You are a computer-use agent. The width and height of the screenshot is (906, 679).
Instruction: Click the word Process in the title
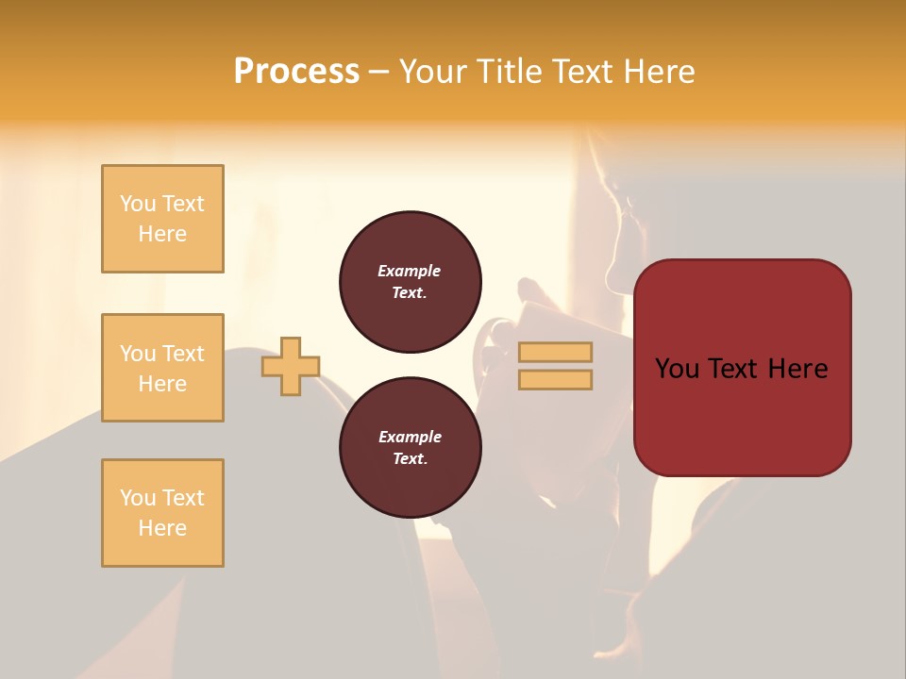(296, 72)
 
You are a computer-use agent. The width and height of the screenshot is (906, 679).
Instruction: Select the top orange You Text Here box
(162, 219)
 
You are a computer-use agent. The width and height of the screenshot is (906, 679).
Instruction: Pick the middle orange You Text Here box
(162, 368)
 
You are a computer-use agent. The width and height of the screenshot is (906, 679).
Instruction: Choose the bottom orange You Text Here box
(162, 513)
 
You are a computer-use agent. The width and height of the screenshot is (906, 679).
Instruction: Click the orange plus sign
(291, 366)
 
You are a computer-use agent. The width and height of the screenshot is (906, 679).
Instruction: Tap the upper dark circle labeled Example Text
(411, 282)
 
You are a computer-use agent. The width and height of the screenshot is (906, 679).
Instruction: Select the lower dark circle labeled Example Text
(411, 448)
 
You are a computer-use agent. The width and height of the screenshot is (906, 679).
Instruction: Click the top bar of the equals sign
(556, 353)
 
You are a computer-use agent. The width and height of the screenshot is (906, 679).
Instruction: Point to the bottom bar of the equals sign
(556, 380)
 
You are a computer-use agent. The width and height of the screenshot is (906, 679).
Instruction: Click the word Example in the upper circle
(410, 271)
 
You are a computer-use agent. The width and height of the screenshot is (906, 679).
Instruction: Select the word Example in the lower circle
(410, 437)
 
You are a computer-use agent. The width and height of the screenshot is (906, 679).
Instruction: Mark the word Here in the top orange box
(162, 234)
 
